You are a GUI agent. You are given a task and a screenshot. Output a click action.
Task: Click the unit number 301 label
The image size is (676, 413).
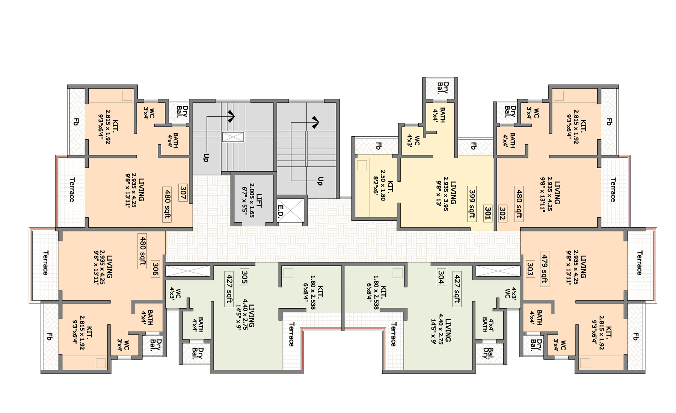(x=487, y=213)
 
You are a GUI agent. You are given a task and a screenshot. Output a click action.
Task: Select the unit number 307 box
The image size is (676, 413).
(x=183, y=193)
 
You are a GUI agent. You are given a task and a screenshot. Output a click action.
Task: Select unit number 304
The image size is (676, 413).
(x=441, y=277)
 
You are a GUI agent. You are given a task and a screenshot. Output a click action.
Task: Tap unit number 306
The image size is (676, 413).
(x=155, y=269)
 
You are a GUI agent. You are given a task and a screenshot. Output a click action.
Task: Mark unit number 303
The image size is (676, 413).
(x=530, y=269)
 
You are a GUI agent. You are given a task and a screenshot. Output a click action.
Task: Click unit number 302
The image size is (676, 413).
(x=502, y=213)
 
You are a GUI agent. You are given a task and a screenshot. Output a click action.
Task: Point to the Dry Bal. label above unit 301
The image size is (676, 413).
(x=443, y=87)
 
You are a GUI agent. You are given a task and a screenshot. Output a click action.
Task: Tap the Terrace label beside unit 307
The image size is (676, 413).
(x=72, y=190)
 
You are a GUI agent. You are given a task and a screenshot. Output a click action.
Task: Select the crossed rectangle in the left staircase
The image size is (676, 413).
(x=233, y=137)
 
